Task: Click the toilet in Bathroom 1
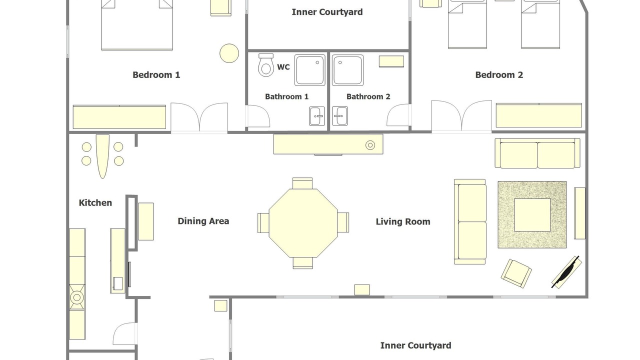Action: [265, 65]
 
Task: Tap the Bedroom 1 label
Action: [156, 75]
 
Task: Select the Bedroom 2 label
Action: [499, 75]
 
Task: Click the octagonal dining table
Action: [303, 223]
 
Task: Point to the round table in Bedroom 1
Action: [229, 53]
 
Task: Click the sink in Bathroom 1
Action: [317, 116]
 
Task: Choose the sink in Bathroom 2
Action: [340, 116]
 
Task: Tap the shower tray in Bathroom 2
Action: [347, 70]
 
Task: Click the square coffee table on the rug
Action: [532, 215]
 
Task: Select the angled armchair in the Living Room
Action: [516, 273]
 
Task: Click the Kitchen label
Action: [95, 203]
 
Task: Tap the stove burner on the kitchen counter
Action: [77, 297]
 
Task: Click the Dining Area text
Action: [203, 221]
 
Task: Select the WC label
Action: [283, 67]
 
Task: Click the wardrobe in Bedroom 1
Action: [119, 117]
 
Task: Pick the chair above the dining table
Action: [302, 183]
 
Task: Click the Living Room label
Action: [403, 221]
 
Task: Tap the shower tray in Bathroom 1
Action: [310, 70]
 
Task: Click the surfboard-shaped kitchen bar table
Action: [102, 156]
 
